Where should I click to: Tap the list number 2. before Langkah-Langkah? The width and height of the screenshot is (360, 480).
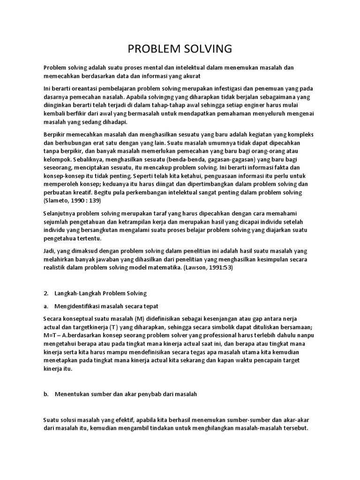click(x=46, y=293)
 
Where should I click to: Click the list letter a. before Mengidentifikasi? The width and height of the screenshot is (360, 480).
click(x=46, y=306)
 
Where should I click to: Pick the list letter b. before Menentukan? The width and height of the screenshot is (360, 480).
click(x=46, y=394)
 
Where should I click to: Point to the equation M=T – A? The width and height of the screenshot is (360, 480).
click(x=56, y=335)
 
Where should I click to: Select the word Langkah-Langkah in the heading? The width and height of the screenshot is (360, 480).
click(x=79, y=293)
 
